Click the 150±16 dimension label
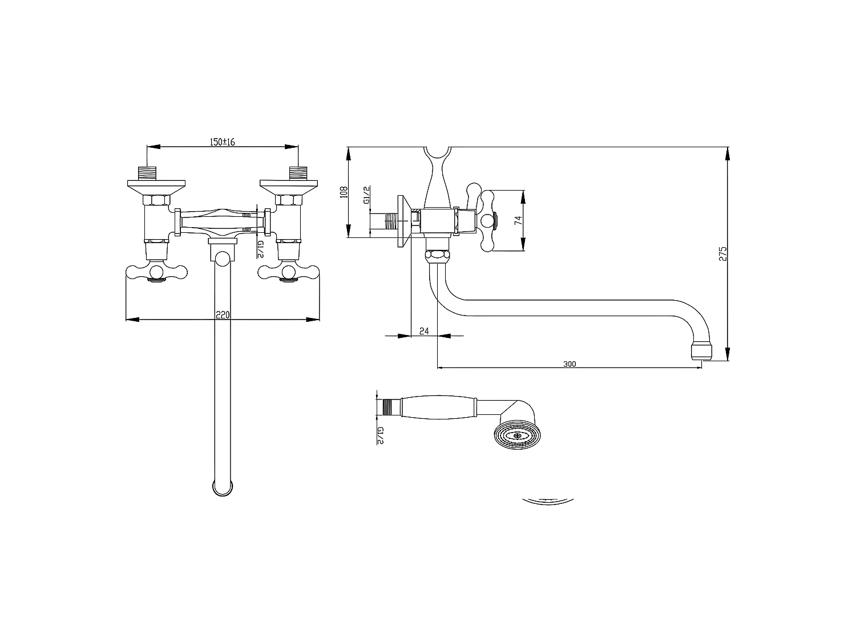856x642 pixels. point(223,142)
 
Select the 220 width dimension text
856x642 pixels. point(223,314)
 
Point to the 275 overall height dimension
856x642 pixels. point(722,254)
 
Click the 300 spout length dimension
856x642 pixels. point(569,364)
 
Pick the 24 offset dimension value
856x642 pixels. point(424,330)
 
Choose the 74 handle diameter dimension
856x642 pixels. point(518,220)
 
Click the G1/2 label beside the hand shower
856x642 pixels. point(380,435)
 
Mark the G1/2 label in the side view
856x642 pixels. point(367,195)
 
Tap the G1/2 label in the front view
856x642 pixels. point(260,249)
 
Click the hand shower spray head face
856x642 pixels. point(516,435)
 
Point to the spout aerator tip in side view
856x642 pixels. point(701,352)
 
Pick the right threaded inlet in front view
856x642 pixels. point(298,173)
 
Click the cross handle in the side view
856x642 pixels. point(486,220)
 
